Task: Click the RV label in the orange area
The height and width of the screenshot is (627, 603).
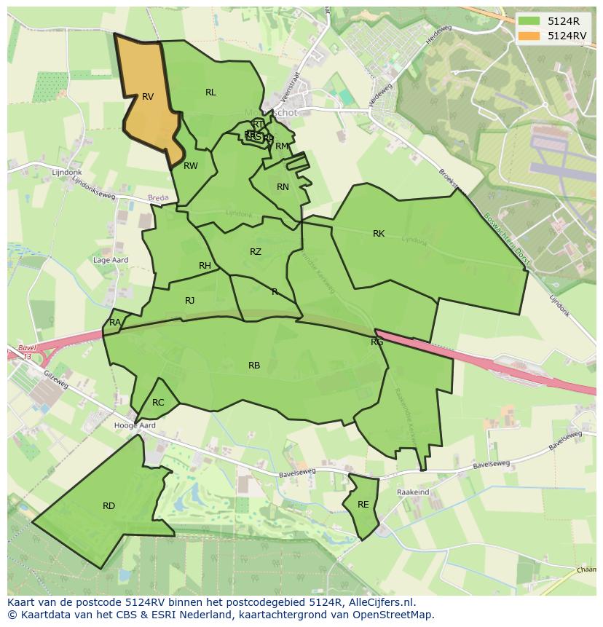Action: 148,97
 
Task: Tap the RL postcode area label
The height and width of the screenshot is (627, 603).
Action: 210,92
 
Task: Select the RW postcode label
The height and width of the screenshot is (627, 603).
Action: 191,166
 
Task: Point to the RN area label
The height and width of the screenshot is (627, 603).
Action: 283,187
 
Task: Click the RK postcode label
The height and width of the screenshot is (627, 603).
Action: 379,234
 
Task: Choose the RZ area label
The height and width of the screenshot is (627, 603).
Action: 255,252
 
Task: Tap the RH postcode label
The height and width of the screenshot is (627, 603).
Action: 205,266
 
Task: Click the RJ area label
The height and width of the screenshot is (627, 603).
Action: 189,301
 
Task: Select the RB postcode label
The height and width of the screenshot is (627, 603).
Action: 254,366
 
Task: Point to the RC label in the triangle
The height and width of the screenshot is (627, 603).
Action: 158,403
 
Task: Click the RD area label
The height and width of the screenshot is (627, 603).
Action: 109,506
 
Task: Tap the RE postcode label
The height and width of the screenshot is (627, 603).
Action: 363,505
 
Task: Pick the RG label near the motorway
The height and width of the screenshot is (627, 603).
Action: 377,342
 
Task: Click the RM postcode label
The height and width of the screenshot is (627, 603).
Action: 281,146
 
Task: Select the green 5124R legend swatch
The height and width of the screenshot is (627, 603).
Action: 529,21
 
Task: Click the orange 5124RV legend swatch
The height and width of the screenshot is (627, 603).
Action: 529,36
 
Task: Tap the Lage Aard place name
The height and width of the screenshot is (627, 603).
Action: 111,260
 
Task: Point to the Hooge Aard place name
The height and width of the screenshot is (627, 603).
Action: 135,425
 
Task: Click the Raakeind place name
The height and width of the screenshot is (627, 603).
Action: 413,492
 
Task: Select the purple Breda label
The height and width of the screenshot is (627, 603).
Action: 158,198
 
